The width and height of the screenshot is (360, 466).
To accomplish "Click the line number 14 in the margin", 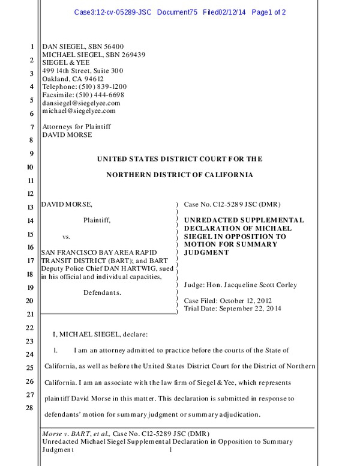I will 31,221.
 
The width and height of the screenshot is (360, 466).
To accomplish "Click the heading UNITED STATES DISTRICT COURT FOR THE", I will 179,159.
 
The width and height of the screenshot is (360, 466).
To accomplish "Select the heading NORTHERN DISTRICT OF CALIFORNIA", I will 179,175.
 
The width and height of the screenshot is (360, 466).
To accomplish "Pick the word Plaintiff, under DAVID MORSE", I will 97,220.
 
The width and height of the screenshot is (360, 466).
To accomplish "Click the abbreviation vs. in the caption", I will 67,237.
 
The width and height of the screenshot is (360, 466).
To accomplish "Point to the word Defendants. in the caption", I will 101,292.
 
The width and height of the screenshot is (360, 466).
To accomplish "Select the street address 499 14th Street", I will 67,70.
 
